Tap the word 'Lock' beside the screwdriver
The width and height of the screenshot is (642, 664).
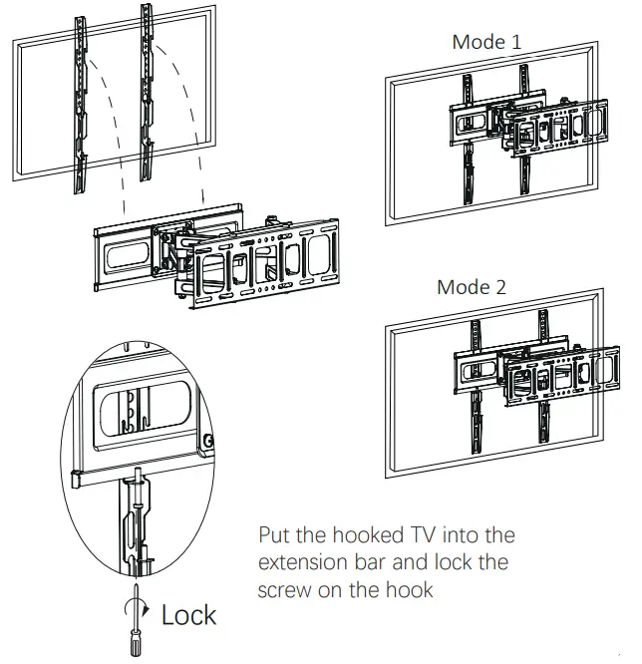(188, 615)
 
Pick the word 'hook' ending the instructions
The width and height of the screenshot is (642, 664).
(410, 589)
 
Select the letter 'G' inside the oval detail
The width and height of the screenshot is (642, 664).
(207, 442)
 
